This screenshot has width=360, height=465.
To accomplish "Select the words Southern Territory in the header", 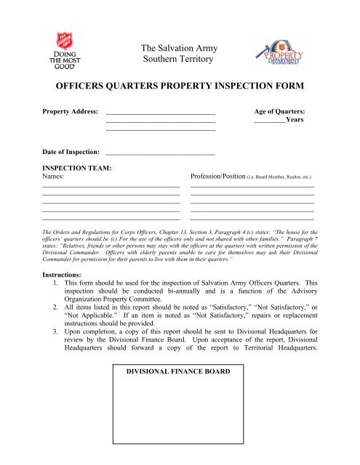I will click(x=179, y=60).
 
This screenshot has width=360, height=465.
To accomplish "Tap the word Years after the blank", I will click(x=295, y=121).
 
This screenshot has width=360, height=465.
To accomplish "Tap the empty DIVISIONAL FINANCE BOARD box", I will click(x=179, y=414).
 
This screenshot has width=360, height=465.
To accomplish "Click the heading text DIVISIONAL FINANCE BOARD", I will click(x=179, y=371).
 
